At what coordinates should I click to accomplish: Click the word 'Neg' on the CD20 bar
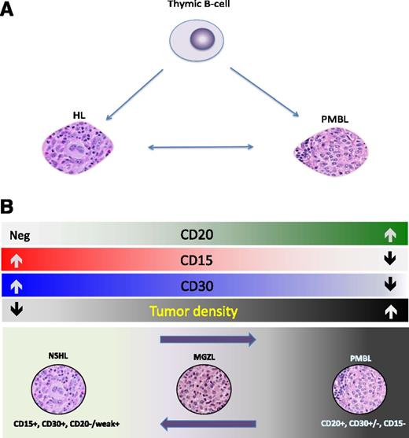(x=20, y=234)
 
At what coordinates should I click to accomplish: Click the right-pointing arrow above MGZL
(x=207, y=340)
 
